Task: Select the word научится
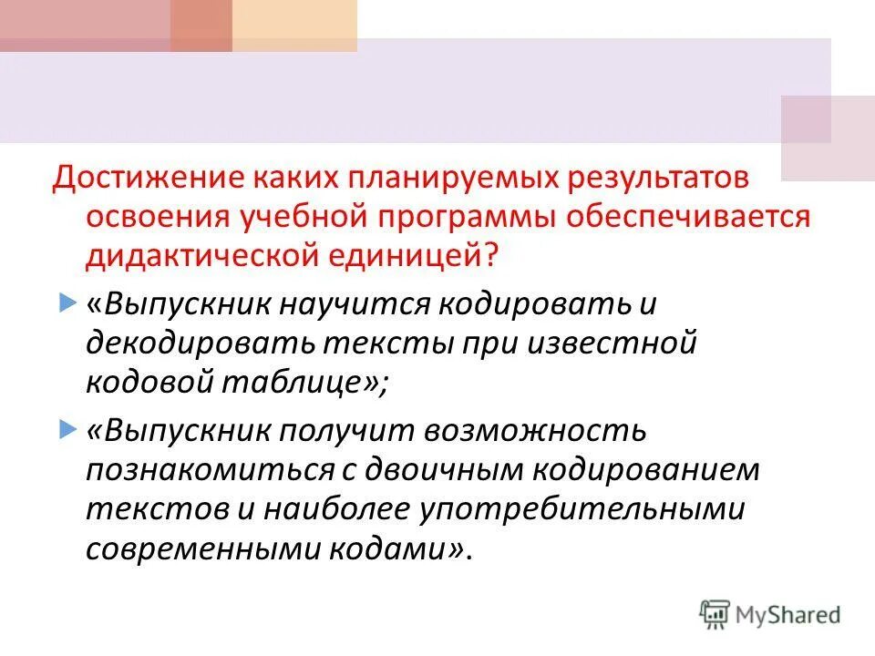351,303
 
